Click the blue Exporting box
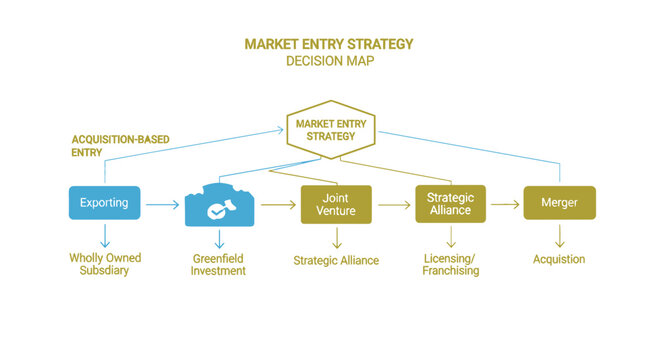(x=104, y=203)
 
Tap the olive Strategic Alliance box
(x=450, y=203)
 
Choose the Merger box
(x=559, y=203)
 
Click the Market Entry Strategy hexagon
(x=329, y=129)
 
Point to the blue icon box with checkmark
(x=221, y=204)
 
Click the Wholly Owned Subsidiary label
(x=104, y=264)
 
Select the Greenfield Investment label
(x=221, y=264)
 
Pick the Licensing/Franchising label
(x=450, y=264)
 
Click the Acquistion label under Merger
(x=558, y=259)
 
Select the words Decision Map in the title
(x=329, y=61)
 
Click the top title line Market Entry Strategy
(x=329, y=44)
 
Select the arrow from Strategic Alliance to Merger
(x=507, y=204)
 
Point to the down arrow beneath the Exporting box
(x=104, y=235)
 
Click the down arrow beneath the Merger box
(x=559, y=237)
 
